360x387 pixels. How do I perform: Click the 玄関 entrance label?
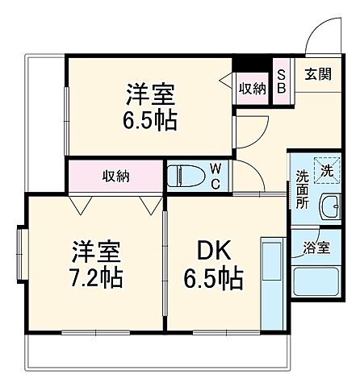point(316,73)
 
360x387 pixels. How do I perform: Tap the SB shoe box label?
point(280,81)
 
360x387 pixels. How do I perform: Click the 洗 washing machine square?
point(326,170)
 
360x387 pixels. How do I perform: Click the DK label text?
point(210,251)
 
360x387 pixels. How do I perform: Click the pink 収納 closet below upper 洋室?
point(116,175)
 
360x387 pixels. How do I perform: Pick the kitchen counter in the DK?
point(270,282)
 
